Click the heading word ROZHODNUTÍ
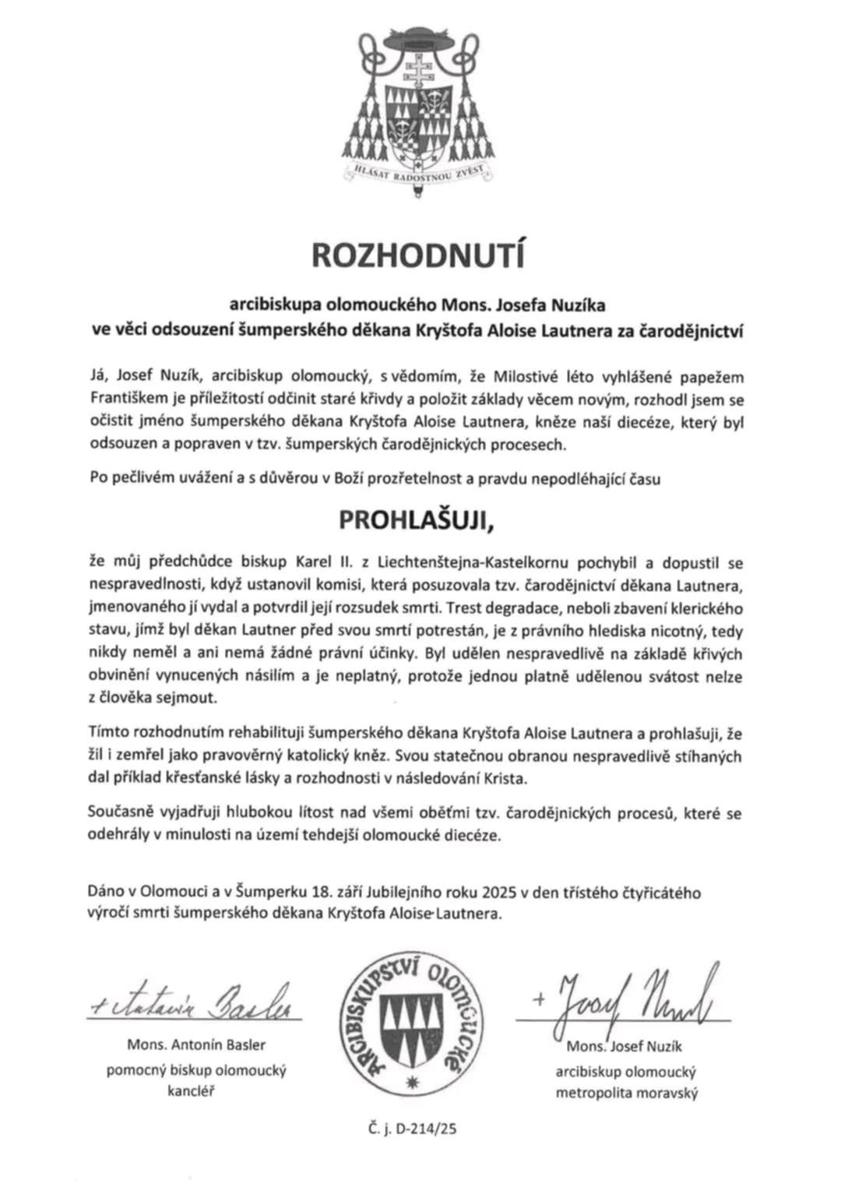coord(419,255)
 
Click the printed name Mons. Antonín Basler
coord(196,1044)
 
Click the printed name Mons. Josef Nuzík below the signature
coord(625,1045)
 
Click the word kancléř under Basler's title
coord(196,1090)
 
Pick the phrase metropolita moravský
coord(626,1093)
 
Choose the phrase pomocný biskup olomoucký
coord(196,1070)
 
